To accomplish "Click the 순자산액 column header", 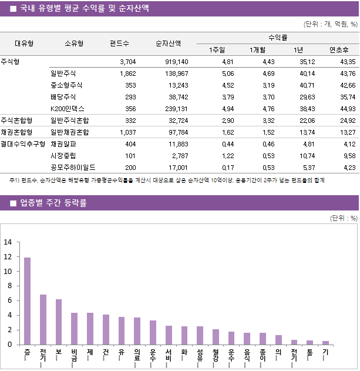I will (168, 43).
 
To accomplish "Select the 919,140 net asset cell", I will (176, 62).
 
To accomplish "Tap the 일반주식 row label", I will (63, 73).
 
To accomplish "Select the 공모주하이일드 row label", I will (73, 168).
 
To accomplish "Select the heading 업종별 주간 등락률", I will (53, 203).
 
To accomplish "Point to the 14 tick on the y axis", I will (8, 242).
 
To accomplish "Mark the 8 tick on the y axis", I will (8, 286).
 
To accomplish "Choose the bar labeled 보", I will (59, 322).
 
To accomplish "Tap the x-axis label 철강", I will (216, 356).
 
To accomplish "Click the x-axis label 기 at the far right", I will (325, 352).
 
